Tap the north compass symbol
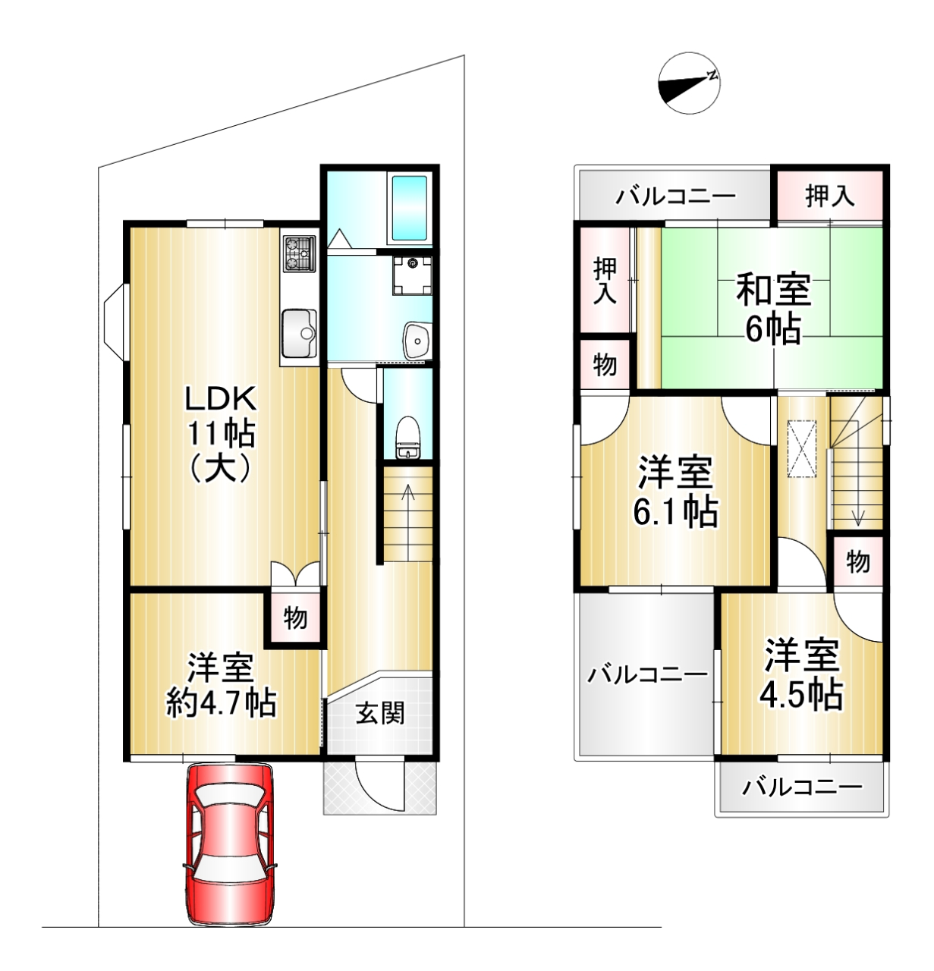690,83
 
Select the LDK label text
221,398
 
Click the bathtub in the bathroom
410,208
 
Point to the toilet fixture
408,438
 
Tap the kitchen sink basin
299,332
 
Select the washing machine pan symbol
412,275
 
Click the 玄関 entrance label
380,714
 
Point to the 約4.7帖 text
221,702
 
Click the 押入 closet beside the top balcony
829,196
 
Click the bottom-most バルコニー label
802,787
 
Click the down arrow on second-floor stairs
857,484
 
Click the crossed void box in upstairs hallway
802,449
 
